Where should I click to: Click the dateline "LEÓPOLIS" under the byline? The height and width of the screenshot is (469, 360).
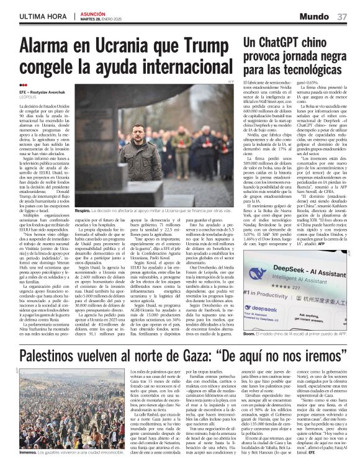[x=29, y=97]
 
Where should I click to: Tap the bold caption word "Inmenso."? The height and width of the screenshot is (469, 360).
[x=30, y=453]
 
